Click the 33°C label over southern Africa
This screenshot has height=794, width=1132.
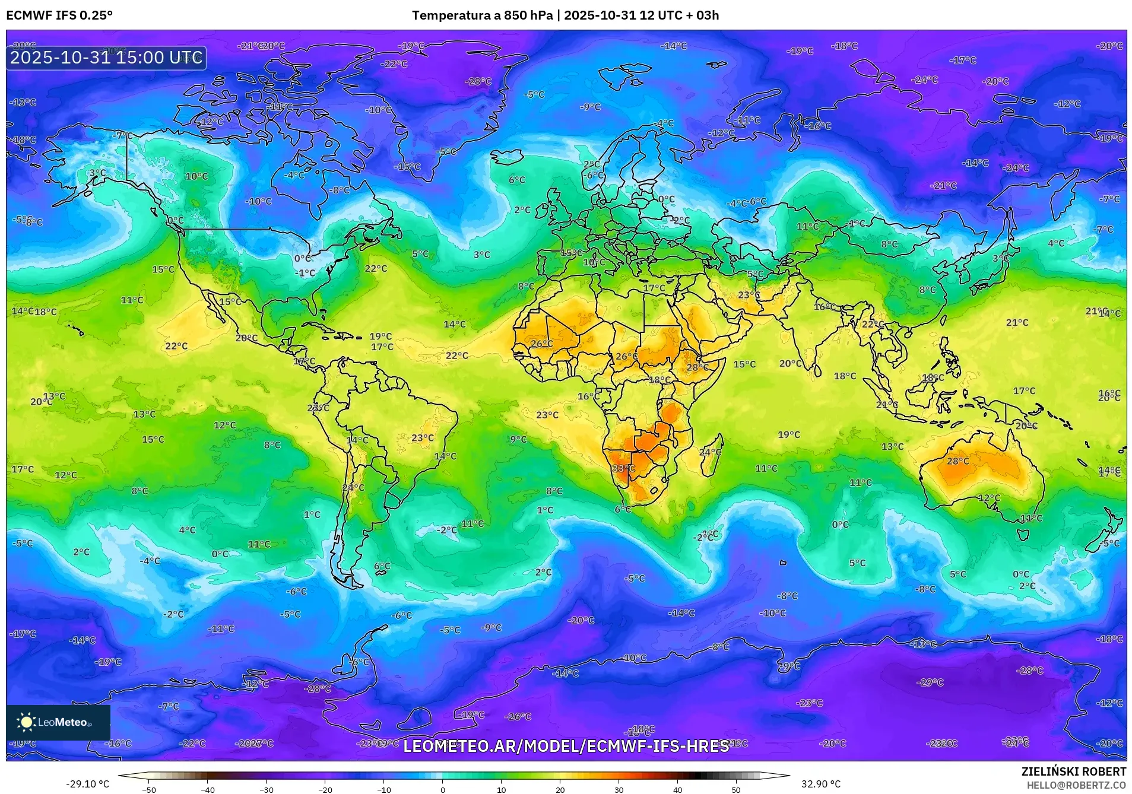(624, 468)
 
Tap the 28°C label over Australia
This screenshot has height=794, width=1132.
(957, 461)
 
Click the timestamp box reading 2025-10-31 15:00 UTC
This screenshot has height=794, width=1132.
(106, 58)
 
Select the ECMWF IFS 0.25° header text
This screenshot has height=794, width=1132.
(59, 15)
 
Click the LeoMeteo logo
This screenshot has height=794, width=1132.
(58, 722)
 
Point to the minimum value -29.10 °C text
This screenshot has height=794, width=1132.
(87, 784)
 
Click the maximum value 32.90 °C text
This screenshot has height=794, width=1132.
(821, 784)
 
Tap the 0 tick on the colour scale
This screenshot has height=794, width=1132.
(442, 789)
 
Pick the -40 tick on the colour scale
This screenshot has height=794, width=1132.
(208, 789)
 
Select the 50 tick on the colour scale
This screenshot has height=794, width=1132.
(736, 789)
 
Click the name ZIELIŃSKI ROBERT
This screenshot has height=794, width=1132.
(1073, 771)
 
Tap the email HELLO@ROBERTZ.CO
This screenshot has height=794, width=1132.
(1076, 785)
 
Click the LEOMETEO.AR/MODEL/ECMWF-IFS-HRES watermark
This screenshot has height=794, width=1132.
(566, 746)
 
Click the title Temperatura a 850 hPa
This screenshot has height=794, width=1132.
(482, 15)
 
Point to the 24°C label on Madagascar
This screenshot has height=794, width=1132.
(710, 452)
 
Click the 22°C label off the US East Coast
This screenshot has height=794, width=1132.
(376, 268)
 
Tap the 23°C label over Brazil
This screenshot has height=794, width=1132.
(423, 438)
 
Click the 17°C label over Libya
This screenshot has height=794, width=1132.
(654, 288)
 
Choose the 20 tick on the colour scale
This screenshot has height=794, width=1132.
(560, 789)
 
